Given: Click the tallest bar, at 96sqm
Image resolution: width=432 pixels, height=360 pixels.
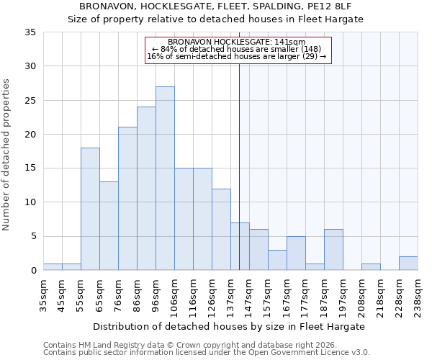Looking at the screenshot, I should (165, 179).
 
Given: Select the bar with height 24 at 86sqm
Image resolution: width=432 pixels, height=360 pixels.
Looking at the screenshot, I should (146, 189).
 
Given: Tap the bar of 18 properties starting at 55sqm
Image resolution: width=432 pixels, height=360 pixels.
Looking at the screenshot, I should (90, 209).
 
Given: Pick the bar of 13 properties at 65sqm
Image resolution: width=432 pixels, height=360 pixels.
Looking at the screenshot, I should (109, 226).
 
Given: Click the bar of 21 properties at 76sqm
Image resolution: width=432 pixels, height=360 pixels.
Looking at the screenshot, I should (127, 199).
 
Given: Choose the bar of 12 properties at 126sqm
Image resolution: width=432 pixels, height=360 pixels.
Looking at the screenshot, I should (221, 230).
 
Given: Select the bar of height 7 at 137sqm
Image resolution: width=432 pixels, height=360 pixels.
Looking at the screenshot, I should (240, 246).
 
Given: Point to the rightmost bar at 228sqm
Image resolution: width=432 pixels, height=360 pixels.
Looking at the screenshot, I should (408, 264).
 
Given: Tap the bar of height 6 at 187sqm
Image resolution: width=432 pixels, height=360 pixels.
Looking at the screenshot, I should (333, 250).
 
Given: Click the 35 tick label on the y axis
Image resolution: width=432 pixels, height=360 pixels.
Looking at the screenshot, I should (30, 32).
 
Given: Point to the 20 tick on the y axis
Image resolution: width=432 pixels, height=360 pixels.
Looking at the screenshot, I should (30, 135).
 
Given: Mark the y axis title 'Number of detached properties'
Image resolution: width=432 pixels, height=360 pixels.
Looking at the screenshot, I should (6, 155).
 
